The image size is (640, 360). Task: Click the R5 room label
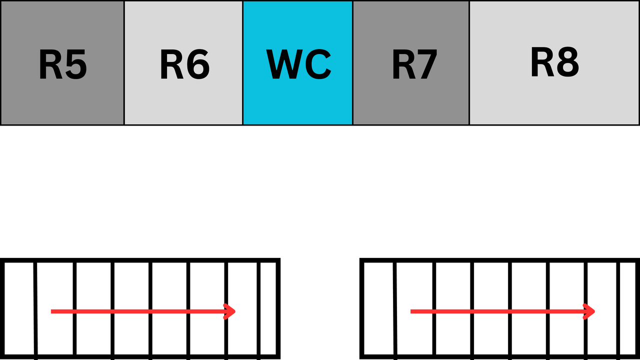tap(63, 64)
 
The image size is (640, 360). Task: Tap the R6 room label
tap(184, 64)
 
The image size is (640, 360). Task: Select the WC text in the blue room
tap(298, 64)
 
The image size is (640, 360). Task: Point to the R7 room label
tap(414, 64)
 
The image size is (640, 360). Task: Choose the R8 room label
tap(554, 62)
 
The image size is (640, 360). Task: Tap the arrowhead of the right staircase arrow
tap(590, 311)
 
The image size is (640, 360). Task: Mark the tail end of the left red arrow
tap(52, 311)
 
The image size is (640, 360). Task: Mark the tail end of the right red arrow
tap(411, 311)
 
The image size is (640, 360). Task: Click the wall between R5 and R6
tap(124, 62)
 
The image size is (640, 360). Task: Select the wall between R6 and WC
tap(242, 62)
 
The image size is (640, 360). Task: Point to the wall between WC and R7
tap(352, 62)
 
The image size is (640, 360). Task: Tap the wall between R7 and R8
tap(469, 62)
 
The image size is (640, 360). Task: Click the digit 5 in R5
tap(75, 65)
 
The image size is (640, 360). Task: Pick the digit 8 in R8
tap(567, 62)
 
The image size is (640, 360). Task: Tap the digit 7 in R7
tap(426, 65)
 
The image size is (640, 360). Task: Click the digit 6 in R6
tap(198, 65)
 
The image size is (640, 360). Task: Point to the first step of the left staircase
tap(19, 308)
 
